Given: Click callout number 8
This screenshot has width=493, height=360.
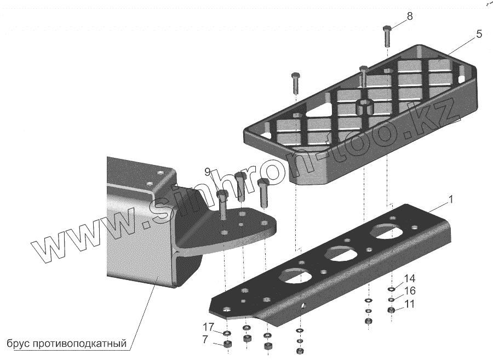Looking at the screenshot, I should click(410, 16).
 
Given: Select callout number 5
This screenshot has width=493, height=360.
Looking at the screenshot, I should click(479, 35).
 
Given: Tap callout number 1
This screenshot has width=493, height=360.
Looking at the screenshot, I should click(451, 201).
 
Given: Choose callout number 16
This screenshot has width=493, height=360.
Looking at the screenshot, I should click(410, 291).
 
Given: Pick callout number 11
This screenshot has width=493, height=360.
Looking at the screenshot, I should click(410, 304).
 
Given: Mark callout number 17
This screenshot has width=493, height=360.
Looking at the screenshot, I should click(208, 328).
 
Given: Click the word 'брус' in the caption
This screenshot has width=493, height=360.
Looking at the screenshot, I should click(18, 344).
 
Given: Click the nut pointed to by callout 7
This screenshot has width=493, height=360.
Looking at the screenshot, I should click(227, 345).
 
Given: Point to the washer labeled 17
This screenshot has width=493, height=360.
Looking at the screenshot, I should click(227, 333).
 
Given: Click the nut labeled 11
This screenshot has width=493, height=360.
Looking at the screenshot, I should click(392, 311).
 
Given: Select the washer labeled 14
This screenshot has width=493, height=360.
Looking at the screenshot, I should click(392, 289).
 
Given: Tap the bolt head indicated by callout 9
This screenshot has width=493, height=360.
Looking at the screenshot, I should click(222, 195).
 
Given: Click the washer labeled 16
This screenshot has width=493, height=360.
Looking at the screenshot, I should click(392, 300).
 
